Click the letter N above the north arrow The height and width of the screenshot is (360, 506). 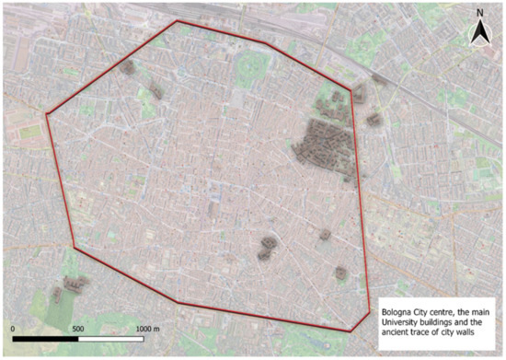tap(479, 13)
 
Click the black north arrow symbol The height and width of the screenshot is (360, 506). tap(479, 34)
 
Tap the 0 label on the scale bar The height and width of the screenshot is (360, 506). tap(13, 329)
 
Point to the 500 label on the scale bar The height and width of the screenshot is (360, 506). tap(78, 329)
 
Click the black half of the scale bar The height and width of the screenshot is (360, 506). tap(46, 340)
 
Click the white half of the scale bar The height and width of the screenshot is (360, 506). tap(111, 340)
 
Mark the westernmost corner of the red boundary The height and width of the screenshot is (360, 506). tap(47, 114)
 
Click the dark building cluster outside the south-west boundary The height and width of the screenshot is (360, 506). tap(70, 289)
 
